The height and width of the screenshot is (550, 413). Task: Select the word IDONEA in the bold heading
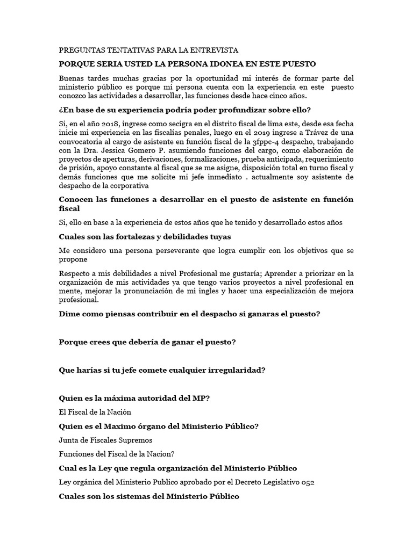(x=212, y=63)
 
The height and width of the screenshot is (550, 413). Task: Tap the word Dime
(x=69, y=314)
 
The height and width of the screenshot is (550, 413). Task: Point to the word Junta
(x=69, y=440)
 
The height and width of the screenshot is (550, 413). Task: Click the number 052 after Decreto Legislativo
(x=308, y=482)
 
